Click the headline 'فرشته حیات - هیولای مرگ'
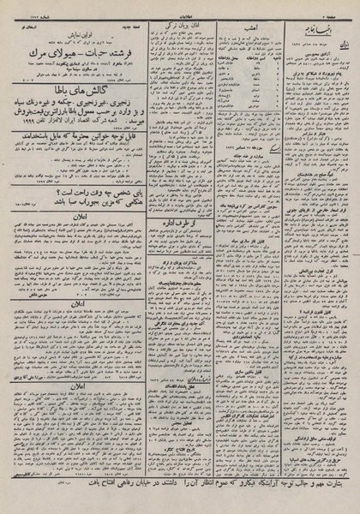pos(77,50)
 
